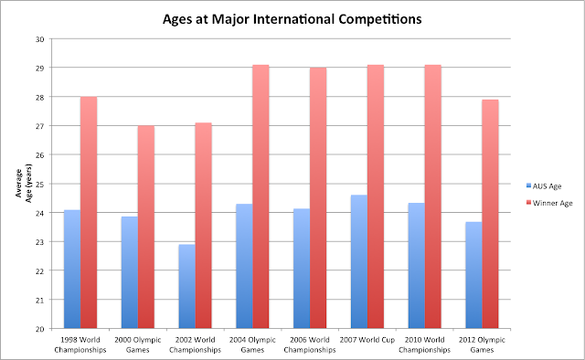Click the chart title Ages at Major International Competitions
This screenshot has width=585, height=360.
(292, 16)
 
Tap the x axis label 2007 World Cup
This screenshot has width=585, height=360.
(374, 339)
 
